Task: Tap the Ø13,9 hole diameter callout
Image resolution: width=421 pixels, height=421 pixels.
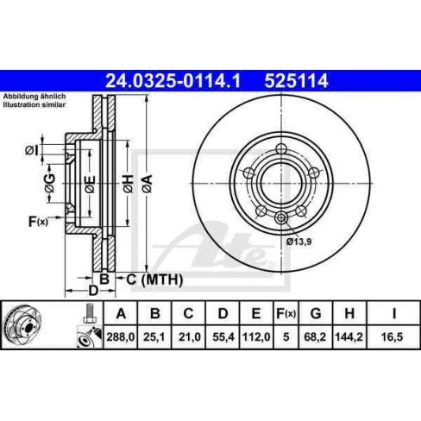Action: coord(298,242)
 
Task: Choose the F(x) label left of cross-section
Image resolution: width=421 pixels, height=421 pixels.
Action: coord(37,222)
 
